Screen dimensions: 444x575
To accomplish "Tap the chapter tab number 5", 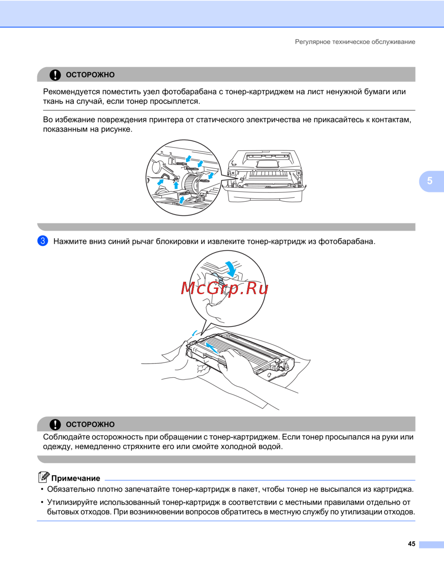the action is (x=430, y=181).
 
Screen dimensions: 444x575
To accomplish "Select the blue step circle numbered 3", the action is (x=43, y=241).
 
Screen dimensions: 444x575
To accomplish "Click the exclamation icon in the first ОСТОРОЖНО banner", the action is (x=55, y=75).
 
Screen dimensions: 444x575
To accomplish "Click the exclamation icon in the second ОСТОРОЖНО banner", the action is (x=55, y=424).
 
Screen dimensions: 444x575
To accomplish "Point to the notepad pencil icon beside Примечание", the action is (x=44, y=477).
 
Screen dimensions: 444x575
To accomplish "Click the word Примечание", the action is (x=75, y=479).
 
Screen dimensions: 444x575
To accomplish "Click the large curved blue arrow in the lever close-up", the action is (x=231, y=268).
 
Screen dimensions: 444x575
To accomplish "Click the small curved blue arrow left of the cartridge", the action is (x=194, y=333).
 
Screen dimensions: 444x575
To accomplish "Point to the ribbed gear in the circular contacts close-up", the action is (x=191, y=182).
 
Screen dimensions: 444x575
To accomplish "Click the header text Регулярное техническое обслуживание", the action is (x=355, y=42).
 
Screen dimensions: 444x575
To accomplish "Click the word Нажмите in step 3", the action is (x=70, y=241).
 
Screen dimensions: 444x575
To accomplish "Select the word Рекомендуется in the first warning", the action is (x=71, y=92).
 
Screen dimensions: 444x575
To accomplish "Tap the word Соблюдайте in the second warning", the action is (x=66, y=437).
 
